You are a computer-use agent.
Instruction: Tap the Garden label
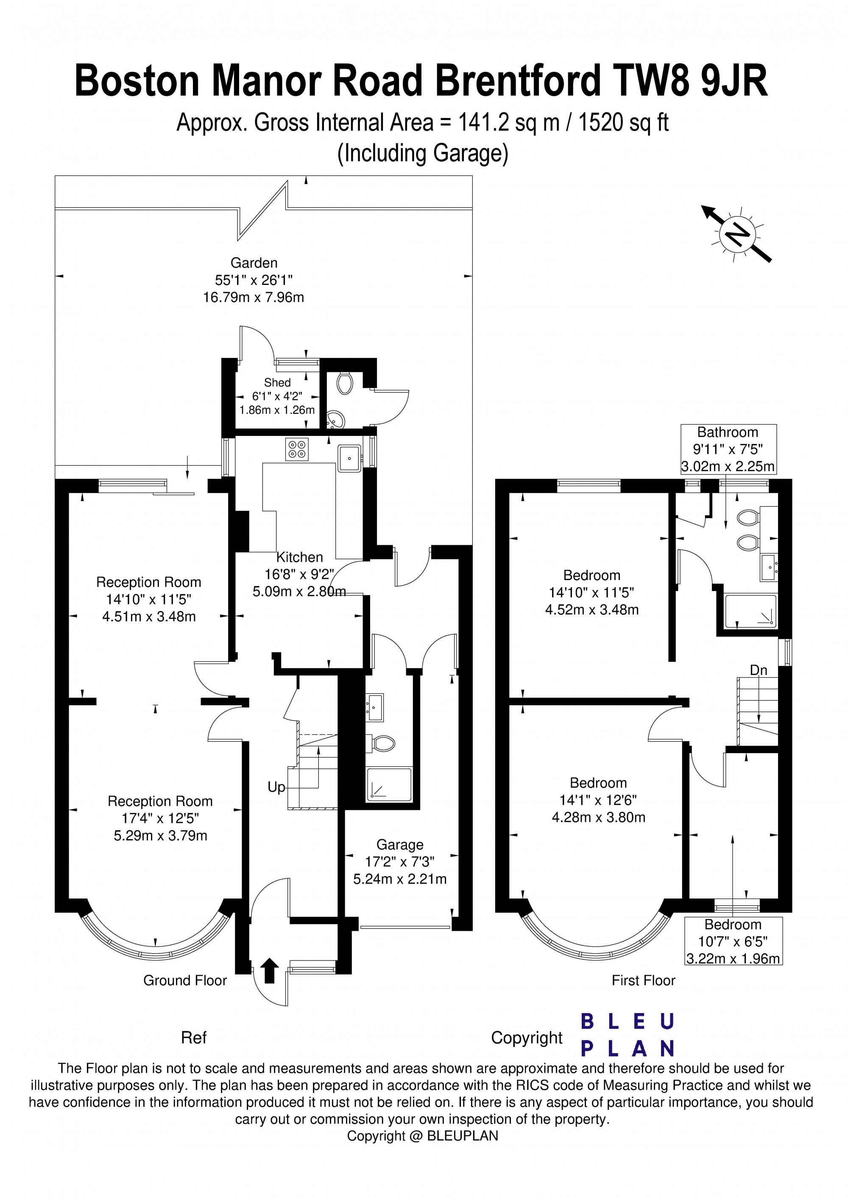tap(254, 263)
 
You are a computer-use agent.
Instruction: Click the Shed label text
tap(277, 382)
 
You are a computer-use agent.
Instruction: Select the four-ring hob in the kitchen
tap(297, 449)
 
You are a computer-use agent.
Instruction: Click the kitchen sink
tap(349, 458)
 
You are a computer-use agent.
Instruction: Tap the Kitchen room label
tap(299, 557)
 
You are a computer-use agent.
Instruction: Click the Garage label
tap(400, 845)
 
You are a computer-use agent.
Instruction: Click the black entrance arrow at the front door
tap(269, 971)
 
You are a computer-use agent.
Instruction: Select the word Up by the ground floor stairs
tap(276, 787)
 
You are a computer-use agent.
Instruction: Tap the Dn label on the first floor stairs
tap(758, 670)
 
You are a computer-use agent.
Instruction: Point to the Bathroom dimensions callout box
tap(728, 449)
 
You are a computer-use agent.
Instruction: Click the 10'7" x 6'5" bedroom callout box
tap(733, 941)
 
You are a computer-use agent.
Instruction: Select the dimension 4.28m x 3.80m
tap(598, 818)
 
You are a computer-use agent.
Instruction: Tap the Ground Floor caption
tap(185, 980)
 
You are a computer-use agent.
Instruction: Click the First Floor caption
tap(643, 980)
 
